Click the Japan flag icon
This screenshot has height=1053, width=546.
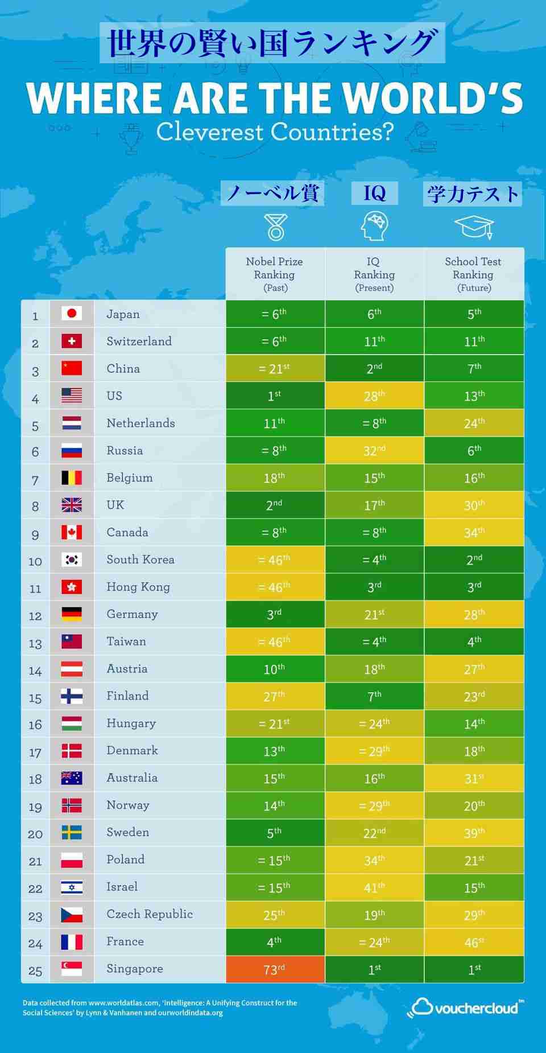(72, 314)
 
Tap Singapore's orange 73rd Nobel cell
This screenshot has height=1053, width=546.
(275, 969)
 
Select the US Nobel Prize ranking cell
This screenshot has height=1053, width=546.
(275, 396)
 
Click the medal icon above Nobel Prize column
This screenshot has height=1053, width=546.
(276, 227)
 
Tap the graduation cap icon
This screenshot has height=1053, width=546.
(474, 227)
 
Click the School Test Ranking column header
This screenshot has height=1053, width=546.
(474, 274)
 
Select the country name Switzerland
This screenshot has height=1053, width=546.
(139, 341)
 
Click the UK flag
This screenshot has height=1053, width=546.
(72, 505)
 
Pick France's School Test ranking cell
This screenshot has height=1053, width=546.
(474, 942)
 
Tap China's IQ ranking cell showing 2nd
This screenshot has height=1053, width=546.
(374, 368)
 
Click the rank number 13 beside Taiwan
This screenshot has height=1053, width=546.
(35, 643)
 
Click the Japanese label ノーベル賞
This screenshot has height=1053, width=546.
(272, 194)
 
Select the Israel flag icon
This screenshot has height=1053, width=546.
(72, 887)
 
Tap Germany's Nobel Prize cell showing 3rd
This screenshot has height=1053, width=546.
(275, 614)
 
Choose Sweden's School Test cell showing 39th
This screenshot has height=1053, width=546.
(474, 833)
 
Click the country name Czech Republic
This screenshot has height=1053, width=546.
(150, 914)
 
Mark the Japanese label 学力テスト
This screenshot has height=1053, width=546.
(473, 194)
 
